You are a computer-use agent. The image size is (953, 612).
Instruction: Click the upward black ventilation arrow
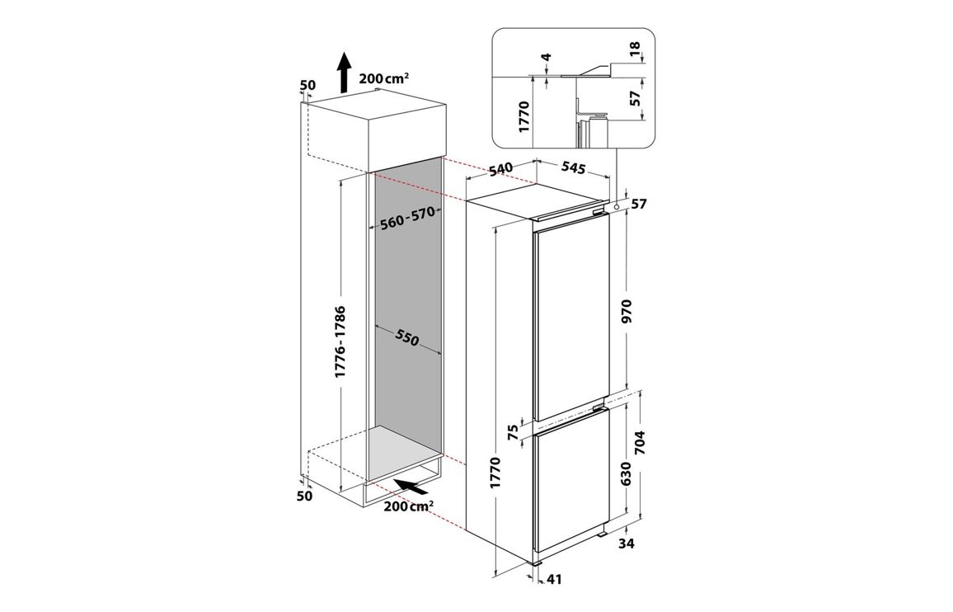tap(344, 72)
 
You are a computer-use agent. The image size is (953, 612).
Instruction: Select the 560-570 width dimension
tap(408, 219)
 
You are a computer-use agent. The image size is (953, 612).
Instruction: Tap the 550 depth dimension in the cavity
tap(406, 337)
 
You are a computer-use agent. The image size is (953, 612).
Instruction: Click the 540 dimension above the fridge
tap(501, 168)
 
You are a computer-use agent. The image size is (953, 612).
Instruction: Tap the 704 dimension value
tap(640, 444)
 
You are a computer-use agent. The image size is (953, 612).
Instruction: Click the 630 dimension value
tap(627, 474)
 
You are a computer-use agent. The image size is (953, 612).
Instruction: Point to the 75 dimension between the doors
tap(512, 432)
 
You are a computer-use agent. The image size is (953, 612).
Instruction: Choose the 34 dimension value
tap(626, 544)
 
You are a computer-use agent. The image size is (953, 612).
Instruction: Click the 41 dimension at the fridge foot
tap(554, 580)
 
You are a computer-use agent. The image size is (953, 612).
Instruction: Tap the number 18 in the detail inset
tap(635, 49)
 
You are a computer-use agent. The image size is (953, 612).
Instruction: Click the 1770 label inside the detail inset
tap(524, 117)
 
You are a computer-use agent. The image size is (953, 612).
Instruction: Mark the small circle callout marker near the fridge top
tap(617, 208)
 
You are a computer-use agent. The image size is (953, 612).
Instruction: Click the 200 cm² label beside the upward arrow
tap(383, 78)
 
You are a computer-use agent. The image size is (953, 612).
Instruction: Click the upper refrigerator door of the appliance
tap(571, 317)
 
